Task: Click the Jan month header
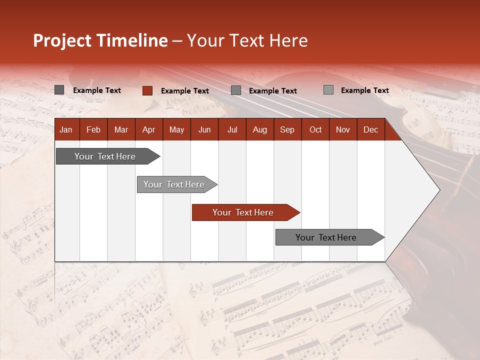point(66,129)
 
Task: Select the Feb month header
point(93,129)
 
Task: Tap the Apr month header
point(148,129)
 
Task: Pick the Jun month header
point(204,129)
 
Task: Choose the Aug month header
point(260,129)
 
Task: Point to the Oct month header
point(315,129)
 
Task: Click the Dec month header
point(370,129)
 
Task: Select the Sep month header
point(287,129)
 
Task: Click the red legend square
point(147,90)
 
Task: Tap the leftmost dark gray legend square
point(59,90)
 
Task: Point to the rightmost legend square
point(328,90)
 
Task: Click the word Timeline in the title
point(131,40)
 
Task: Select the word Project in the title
point(62,40)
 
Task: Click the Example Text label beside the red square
point(185,91)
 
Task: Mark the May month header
point(176,129)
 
